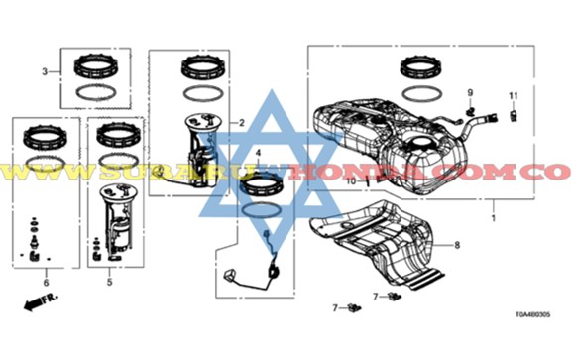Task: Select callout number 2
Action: click(241, 123)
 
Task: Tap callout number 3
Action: click(45, 71)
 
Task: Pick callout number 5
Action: click(109, 283)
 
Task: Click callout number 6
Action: click(45, 283)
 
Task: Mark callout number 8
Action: click(457, 244)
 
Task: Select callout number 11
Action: click(514, 94)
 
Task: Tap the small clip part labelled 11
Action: click(514, 115)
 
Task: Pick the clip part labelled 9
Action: click(473, 109)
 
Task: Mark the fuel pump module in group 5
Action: click(116, 223)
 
